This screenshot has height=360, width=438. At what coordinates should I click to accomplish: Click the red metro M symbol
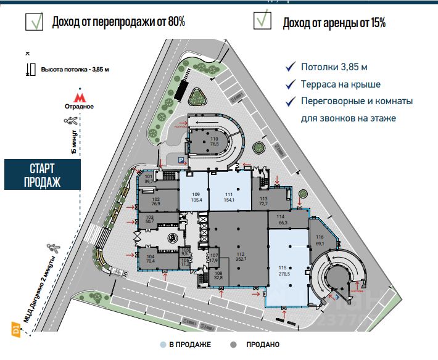point(79,97)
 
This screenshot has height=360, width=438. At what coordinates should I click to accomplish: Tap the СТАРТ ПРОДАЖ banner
point(43,174)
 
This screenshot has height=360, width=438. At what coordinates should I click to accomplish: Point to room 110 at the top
point(215,141)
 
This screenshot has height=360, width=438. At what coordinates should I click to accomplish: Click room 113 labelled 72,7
point(264,200)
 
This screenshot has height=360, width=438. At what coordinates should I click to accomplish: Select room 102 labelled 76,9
point(155,202)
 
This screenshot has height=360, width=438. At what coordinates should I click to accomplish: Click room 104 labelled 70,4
point(150,259)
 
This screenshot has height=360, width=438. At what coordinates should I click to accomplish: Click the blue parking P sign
point(180,159)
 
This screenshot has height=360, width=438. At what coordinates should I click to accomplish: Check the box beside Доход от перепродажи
point(34,22)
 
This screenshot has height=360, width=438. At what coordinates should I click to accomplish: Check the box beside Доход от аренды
point(263,20)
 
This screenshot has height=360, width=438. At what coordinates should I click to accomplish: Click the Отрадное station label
point(79,107)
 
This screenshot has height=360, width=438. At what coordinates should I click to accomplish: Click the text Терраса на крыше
point(341,84)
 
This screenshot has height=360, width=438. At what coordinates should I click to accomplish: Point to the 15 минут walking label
point(74,142)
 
